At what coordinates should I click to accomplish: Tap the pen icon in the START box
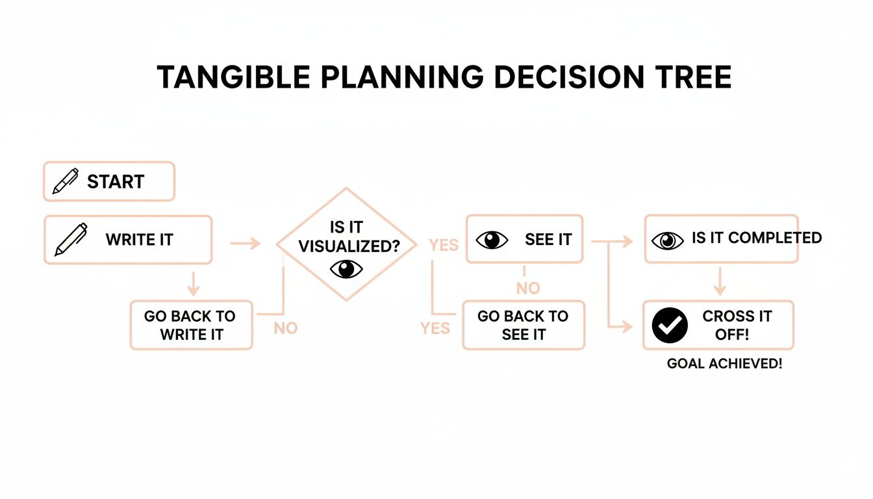[x=65, y=181]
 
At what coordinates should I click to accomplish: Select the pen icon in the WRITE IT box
[x=70, y=240]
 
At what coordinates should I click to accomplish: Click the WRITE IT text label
[x=139, y=240]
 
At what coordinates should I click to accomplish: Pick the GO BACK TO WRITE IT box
[x=191, y=325]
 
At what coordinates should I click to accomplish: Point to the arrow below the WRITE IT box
[x=192, y=283]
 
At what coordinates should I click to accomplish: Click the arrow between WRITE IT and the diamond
[x=245, y=244]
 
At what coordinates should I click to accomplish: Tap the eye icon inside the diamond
[x=346, y=268]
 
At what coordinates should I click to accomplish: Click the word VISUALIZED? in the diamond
[x=349, y=247]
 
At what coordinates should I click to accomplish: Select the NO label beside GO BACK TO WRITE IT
[x=285, y=328]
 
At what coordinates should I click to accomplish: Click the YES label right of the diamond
[x=444, y=245]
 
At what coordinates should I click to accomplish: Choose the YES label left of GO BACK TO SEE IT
[x=435, y=328]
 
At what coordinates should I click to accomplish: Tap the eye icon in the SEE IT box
[x=492, y=240]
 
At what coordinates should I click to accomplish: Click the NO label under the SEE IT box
[x=528, y=287]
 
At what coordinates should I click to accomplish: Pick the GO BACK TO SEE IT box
[x=524, y=325]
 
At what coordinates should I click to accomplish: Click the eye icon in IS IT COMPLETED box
[x=667, y=240]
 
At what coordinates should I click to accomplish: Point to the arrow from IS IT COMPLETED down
[x=719, y=281]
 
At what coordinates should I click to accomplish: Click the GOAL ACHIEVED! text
[x=724, y=364]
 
